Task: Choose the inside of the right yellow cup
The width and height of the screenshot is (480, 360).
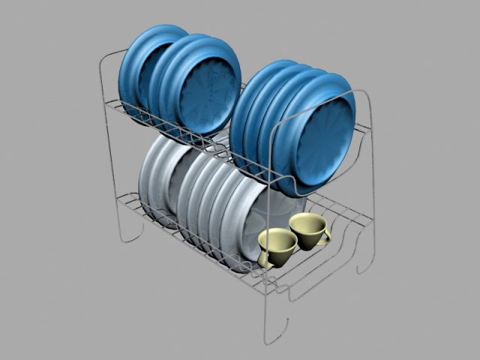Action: click(307, 223)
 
